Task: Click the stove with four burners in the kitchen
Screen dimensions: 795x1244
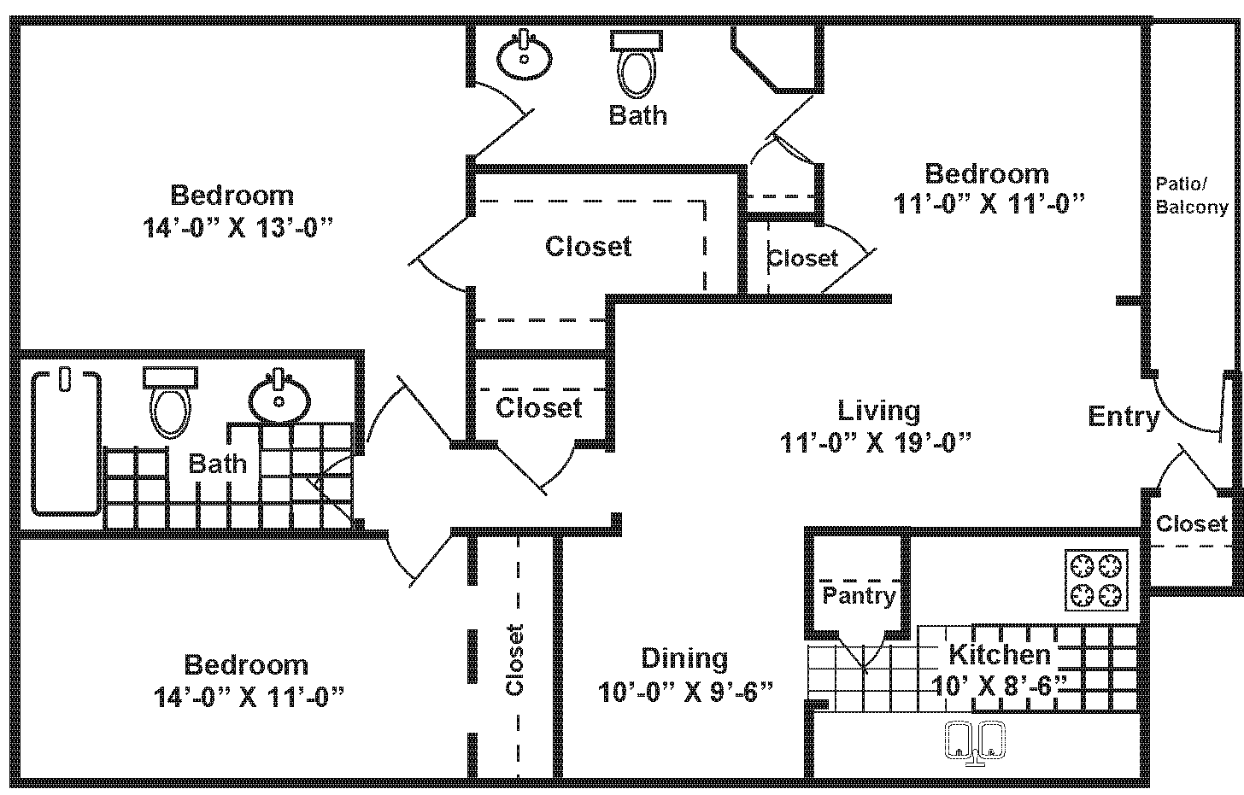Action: click(x=1096, y=580)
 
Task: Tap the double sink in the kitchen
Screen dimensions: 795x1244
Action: click(x=976, y=742)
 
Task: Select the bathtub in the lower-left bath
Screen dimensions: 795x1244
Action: click(x=66, y=441)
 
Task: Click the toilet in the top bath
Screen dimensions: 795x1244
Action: click(x=637, y=64)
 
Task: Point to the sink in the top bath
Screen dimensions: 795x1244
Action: click(x=524, y=55)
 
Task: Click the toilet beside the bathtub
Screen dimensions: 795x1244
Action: click(x=171, y=403)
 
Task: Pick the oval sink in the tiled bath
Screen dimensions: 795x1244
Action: click(x=279, y=398)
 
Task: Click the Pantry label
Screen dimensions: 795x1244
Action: click(x=859, y=595)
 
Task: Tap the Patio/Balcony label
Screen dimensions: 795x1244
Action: click(x=1191, y=195)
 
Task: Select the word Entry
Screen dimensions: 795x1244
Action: click(x=1124, y=417)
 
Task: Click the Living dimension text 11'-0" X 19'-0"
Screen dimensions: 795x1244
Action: click(x=876, y=443)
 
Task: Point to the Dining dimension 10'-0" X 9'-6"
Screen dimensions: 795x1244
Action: click(x=685, y=691)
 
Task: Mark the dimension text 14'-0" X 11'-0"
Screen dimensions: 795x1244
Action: click(x=248, y=697)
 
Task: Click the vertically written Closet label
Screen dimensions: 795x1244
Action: click(x=514, y=659)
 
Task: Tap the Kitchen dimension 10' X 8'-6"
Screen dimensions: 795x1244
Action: click(x=1000, y=685)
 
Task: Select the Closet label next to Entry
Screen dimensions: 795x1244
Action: click(x=1191, y=523)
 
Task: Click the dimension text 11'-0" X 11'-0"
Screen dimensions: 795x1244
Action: click(x=989, y=204)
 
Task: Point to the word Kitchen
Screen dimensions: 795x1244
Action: click(x=1000, y=655)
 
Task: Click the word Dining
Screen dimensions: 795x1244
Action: click(x=684, y=658)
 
